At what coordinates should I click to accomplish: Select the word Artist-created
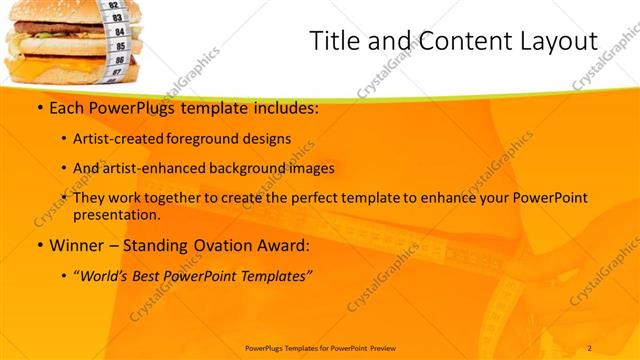[x=117, y=138]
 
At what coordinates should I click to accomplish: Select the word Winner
[x=72, y=245]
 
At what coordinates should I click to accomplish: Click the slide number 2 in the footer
[x=590, y=347]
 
